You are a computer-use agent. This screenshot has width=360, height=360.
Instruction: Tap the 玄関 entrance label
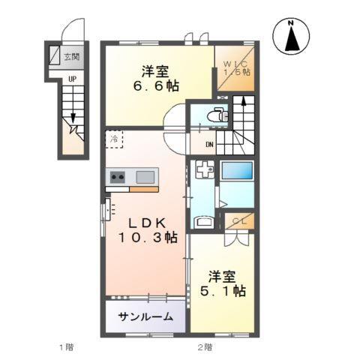click(x=71, y=55)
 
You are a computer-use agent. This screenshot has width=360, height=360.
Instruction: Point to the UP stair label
click(x=72, y=78)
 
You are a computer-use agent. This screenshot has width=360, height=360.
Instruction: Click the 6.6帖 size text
click(x=157, y=86)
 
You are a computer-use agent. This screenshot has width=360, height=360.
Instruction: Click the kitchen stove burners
click(x=118, y=178)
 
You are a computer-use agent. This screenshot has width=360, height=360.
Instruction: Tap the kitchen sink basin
click(x=145, y=177)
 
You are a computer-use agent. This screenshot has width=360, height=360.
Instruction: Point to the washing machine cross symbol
click(x=203, y=171)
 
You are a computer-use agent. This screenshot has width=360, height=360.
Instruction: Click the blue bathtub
click(x=238, y=170)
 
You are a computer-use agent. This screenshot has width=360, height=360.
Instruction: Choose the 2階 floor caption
click(x=205, y=346)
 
